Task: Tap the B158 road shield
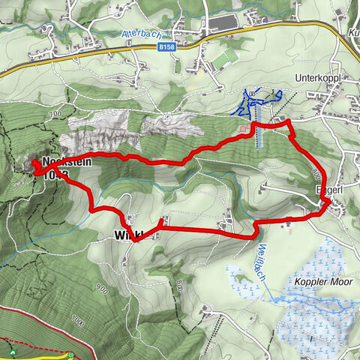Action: point(167,46)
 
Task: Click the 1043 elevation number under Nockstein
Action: point(57,174)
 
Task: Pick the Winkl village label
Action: point(132,235)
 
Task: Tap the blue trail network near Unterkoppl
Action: point(259,101)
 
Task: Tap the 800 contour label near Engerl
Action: point(313,173)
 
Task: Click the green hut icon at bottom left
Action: point(13,351)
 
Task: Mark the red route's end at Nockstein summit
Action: point(35,164)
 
